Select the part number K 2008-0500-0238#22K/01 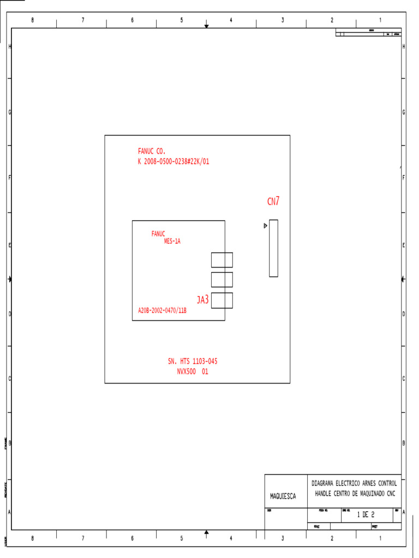coord(173,162)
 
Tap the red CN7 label coord(273,202)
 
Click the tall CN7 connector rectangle coord(273,248)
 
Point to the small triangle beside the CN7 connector coord(265,226)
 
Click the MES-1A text coord(172,241)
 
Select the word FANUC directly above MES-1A coord(158,234)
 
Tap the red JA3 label coord(203,299)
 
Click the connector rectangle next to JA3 coord(222,300)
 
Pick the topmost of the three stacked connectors coord(222,259)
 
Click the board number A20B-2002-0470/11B coord(162,311)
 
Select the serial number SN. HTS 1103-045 coord(193,361)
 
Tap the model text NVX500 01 coord(192,372)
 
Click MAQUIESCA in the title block coord(283,496)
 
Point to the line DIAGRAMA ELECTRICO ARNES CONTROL coord(354,483)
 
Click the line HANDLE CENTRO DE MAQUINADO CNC coord(355,494)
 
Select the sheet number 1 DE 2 coord(366,514)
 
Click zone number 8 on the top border coord(32,20)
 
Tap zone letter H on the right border coord(403,47)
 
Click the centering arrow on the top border coord(206,26)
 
